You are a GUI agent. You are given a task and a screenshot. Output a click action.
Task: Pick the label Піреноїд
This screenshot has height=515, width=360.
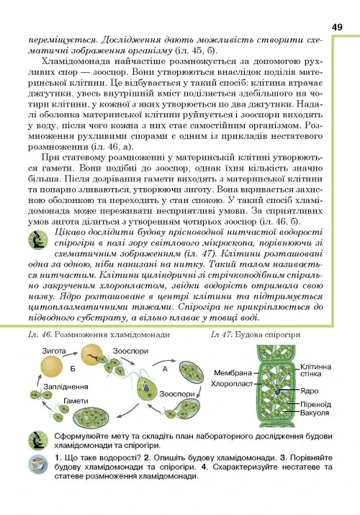[316, 404]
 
